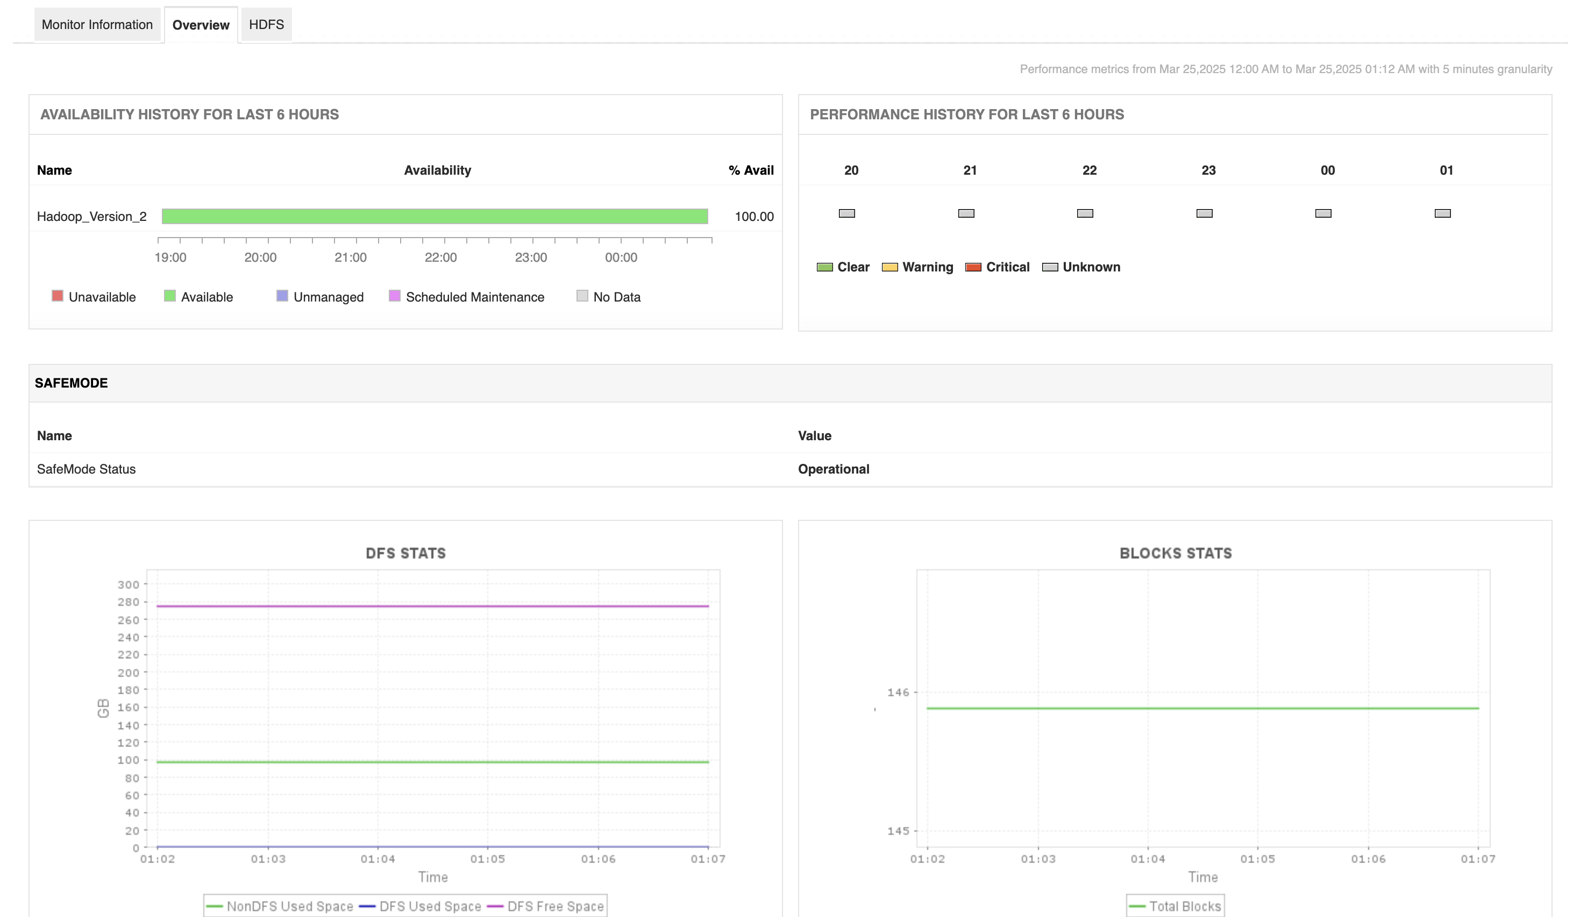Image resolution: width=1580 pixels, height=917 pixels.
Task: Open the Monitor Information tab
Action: tap(97, 24)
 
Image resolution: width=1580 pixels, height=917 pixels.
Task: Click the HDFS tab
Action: tap(266, 24)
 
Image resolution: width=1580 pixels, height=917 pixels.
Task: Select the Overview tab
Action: tap(201, 25)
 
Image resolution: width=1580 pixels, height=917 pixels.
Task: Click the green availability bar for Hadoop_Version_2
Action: tap(435, 216)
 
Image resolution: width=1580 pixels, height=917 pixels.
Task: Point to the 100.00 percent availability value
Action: tap(753, 216)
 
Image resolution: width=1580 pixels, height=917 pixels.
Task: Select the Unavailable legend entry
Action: tap(102, 297)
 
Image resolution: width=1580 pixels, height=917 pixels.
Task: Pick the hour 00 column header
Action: tap(1327, 170)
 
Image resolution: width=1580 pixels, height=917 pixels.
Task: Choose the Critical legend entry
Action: tap(1007, 267)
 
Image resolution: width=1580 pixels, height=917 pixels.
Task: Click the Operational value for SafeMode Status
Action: tap(833, 469)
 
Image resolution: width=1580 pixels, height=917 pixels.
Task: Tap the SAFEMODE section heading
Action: tap(71, 383)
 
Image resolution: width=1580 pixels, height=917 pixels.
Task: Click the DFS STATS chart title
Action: tap(405, 553)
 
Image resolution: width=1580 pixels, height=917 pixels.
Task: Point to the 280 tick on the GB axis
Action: tap(129, 601)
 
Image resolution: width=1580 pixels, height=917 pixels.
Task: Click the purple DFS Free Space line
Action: tap(432, 606)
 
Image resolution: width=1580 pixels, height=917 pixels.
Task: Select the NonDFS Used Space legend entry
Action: tap(289, 906)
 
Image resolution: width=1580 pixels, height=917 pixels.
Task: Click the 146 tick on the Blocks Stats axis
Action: tap(898, 692)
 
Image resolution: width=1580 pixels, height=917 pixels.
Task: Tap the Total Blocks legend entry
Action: tap(1184, 906)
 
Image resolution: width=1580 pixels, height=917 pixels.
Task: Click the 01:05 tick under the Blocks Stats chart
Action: tap(1257, 859)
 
